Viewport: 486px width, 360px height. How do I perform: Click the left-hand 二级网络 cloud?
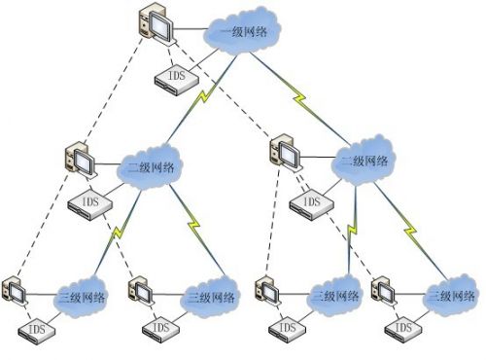[x=154, y=167]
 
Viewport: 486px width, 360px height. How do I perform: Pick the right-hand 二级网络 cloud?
[x=366, y=162]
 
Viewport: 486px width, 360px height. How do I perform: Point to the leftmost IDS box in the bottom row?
[x=38, y=331]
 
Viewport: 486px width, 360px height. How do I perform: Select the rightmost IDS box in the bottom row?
[x=402, y=330]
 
